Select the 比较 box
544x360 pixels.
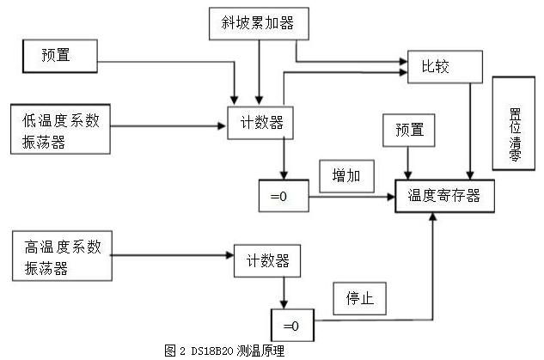pyautogui.click(x=437, y=64)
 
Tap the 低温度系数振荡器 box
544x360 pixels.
pyautogui.click(x=60, y=130)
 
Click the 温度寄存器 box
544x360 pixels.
pyautogui.click(x=443, y=196)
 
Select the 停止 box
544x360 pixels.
pyautogui.click(x=359, y=299)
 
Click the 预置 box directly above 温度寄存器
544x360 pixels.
pyautogui.click(x=409, y=130)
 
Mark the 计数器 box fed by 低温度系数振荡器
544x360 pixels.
pyautogui.click(x=260, y=124)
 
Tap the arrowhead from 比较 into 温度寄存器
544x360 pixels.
pyautogui.click(x=470, y=175)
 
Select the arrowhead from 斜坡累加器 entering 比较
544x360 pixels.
pyautogui.click(x=402, y=63)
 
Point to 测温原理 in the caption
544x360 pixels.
pyautogui.click(x=265, y=351)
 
